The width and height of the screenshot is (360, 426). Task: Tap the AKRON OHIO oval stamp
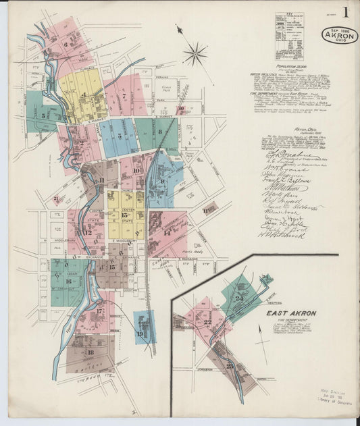(338, 35)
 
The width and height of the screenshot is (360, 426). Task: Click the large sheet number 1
(345, 12)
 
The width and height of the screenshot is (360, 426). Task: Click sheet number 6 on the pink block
(66, 45)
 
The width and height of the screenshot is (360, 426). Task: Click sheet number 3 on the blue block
(120, 136)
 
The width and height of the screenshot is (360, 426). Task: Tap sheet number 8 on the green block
(159, 132)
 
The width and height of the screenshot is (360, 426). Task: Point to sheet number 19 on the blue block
(140, 334)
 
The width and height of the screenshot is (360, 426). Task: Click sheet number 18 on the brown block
(90, 352)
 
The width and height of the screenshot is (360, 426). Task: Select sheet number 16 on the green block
(68, 281)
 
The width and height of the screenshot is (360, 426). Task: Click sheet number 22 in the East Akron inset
(207, 322)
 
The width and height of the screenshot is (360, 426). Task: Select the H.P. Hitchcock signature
(282, 235)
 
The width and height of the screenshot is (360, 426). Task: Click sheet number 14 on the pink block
(167, 232)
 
